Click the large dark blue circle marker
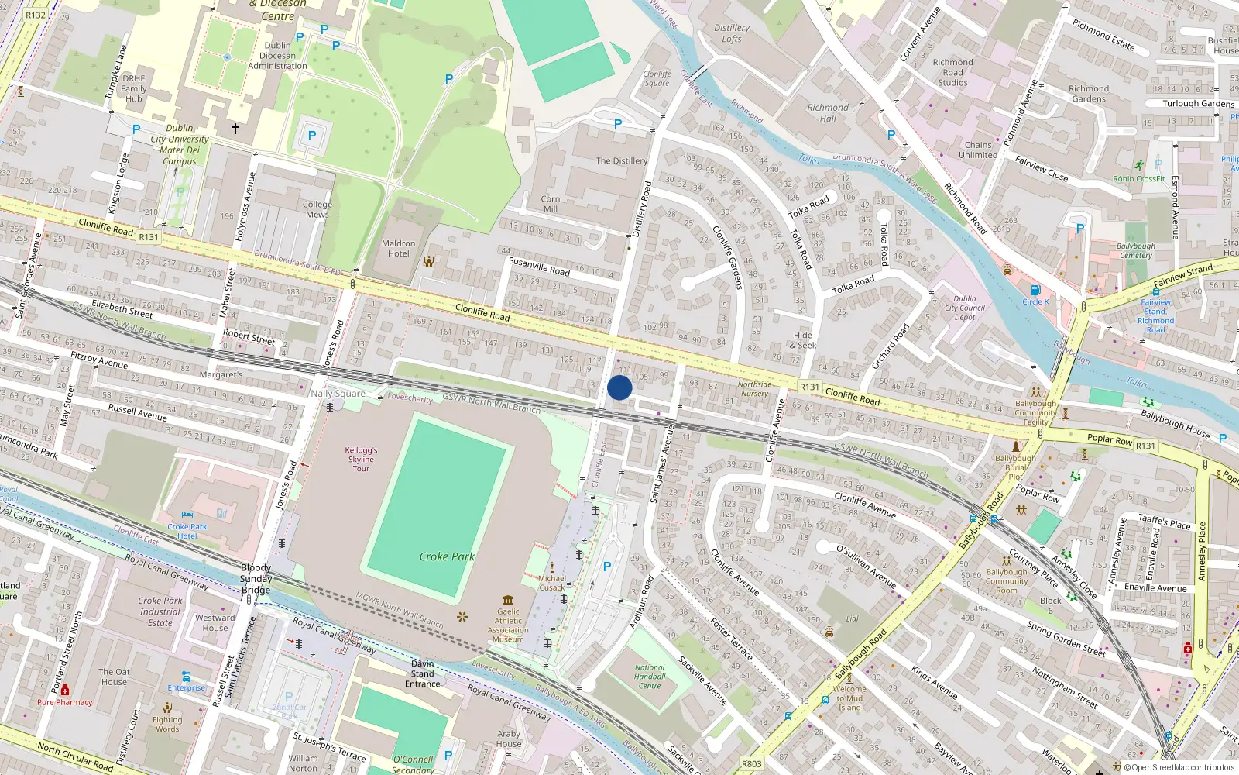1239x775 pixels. click(619, 387)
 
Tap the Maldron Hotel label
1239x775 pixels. click(398, 248)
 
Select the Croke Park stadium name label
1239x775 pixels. click(447, 556)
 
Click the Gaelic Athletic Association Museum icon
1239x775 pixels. click(508, 600)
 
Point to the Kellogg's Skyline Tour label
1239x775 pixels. click(361, 459)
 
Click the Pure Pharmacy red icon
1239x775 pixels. click(65, 690)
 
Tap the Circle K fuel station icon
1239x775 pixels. click(1035, 291)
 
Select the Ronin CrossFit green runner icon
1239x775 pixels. click(1138, 166)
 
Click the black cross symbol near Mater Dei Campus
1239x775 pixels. click(235, 129)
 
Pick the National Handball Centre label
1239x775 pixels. click(650, 677)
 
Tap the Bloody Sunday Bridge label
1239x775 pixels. click(256, 578)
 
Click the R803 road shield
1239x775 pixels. click(751, 763)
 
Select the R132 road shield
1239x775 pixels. click(36, 15)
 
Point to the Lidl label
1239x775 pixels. click(853, 618)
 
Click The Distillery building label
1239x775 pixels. click(621, 161)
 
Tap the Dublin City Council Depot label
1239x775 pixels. click(965, 308)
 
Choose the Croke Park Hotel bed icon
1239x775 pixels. click(187, 515)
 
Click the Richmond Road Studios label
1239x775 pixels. click(952, 72)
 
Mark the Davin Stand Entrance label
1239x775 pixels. click(423, 673)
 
